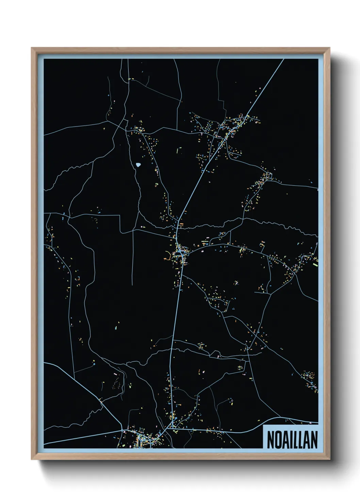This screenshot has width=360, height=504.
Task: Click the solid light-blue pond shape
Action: coord(138,165)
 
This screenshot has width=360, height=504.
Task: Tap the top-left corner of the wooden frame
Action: coord(32,48)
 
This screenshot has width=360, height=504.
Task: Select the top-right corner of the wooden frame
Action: coord(330,48)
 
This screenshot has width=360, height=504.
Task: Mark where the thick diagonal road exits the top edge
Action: coord(283,59)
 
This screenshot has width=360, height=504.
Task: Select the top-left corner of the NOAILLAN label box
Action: coord(263,425)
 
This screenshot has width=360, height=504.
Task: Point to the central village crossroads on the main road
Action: coord(179,253)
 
